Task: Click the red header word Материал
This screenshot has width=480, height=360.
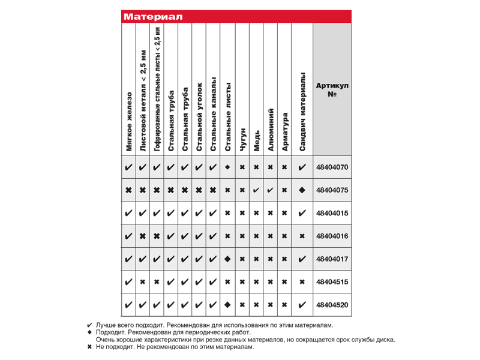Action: click(153, 17)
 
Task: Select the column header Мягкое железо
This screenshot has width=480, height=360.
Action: click(128, 121)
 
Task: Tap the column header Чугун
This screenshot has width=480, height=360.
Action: click(242, 139)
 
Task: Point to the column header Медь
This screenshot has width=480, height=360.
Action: click(256, 140)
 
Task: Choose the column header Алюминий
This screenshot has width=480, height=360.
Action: click(271, 130)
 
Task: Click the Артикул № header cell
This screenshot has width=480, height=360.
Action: click(332, 90)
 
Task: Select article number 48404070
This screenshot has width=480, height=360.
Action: click(332, 167)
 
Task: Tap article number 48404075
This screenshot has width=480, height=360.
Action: click(332, 190)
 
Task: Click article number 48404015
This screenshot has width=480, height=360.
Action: click(332, 213)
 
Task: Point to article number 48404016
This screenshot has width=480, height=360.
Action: click(332, 236)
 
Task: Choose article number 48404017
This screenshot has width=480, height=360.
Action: click(332, 259)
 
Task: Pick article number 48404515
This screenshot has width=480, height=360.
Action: click(332, 281)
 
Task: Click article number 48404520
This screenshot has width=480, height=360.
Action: click(332, 305)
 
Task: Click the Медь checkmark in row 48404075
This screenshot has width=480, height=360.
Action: click(256, 190)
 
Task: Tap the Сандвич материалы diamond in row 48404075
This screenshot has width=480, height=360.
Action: click(302, 190)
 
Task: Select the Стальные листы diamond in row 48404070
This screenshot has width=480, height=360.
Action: click(227, 167)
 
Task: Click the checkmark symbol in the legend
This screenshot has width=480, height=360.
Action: click(90, 325)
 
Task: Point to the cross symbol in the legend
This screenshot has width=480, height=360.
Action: click(90, 347)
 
